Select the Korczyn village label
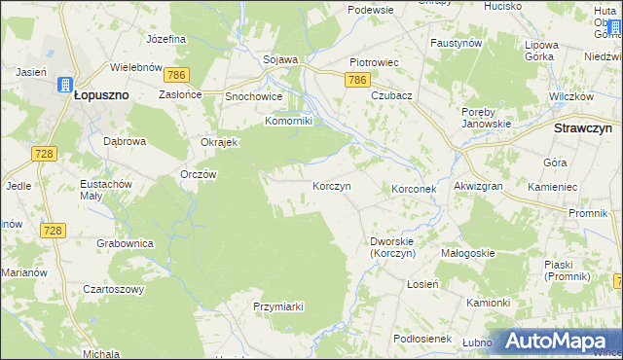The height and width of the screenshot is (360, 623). click(331, 185)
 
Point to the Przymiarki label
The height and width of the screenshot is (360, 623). click(278, 306)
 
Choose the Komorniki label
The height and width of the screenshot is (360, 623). click(289, 122)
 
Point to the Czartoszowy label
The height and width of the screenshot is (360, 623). click(113, 289)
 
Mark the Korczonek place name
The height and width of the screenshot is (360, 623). click(418, 187)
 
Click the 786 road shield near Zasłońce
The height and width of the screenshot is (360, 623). click(176, 75)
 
